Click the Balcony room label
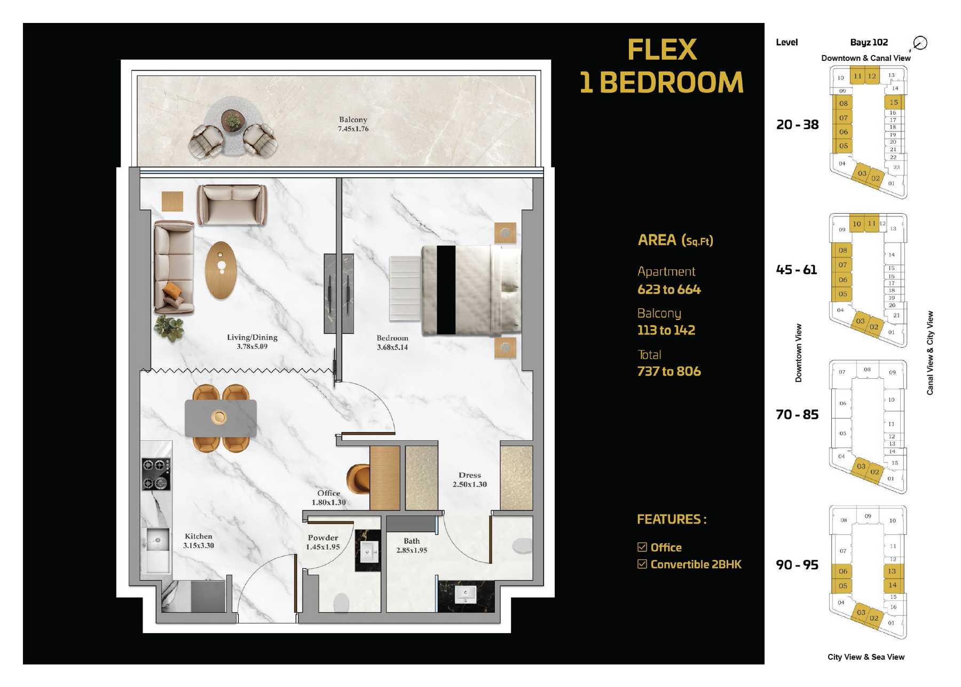point(353,120)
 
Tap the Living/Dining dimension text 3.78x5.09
point(252,347)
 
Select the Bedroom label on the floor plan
point(392,338)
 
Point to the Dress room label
point(470,475)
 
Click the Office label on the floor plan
point(329,493)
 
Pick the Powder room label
point(323,538)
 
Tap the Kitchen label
point(199,536)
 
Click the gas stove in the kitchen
point(156,474)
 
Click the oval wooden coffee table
point(220,270)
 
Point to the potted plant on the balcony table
point(233,121)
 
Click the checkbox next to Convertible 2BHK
point(642,564)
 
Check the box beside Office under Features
point(642,547)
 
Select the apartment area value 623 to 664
point(669,290)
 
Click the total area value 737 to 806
point(669,371)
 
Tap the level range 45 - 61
point(797,270)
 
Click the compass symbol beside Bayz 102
point(920,43)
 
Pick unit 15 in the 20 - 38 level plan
point(894,102)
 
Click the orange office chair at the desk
point(358,479)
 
